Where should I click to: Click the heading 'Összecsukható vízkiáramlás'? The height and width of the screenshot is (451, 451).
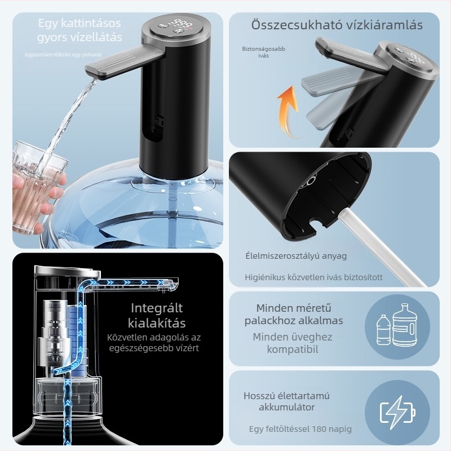[x=337, y=25]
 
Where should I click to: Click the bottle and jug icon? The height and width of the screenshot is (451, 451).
[x=398, y=325]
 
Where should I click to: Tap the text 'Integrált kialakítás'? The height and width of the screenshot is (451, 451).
[x=158, y=316]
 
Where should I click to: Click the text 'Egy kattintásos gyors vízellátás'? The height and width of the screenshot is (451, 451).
[x=79, y=30]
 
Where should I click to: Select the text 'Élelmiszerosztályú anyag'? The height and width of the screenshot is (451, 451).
[x=296, y=256]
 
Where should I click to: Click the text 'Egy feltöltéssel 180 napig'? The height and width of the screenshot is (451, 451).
[x=300, y=429]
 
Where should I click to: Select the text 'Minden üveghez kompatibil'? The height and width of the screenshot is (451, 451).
[x=293, y=343]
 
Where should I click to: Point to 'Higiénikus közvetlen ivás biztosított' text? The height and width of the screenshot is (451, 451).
[x=313, y=277]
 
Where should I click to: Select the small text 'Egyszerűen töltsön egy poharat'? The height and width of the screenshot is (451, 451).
[x=63, y=54]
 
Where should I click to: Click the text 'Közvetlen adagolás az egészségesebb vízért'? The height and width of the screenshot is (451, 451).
[x=154, y=343]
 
